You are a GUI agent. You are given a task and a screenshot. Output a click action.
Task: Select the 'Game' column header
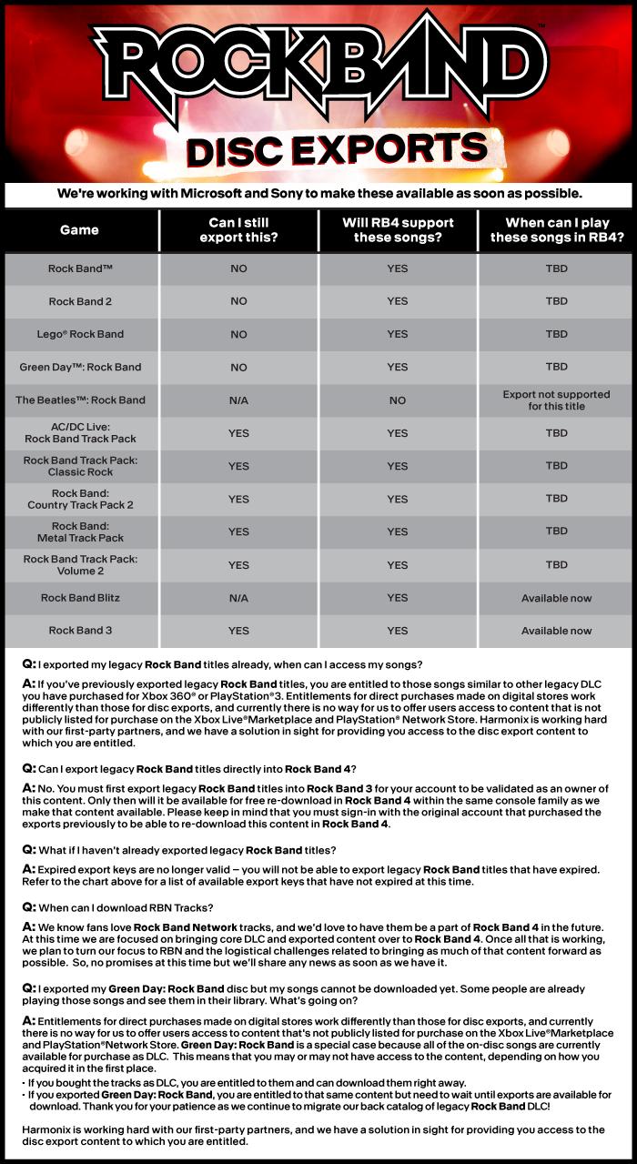pyautogui.click(x=79, y=230)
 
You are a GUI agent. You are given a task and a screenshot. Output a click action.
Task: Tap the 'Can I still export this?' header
pyautogui.click(x=238, y=230)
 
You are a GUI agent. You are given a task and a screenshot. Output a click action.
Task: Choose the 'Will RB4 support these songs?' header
pyautogui.click(x=398, y=230)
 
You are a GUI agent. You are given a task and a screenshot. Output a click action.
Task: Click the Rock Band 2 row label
pyautogui.click(x=80, y=301)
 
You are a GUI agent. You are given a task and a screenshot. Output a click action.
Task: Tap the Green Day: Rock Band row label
pyautogui.click(x=80, y=367)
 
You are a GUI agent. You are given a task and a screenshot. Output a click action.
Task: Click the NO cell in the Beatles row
pyautogui.click(x=398, y=400)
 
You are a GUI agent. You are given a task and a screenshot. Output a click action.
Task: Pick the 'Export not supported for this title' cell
pyautogui.click(x=556, y=400)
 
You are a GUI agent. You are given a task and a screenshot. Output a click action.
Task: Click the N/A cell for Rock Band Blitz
pyautogui.click(x=238, y=598)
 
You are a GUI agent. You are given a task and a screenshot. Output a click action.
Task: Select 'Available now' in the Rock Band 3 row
pyautogui.click(x=556, y=631)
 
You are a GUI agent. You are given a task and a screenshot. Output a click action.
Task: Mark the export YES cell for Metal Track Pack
pyautogui.click(x=238, y=531)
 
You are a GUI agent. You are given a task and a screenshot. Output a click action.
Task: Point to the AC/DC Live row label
pyautogui.click(x=80, y=432)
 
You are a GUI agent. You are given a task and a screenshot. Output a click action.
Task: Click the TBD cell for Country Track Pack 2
pyautogui.click(x=556, y=499)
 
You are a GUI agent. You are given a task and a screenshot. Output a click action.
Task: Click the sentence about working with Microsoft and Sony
pyautogui.click(x=318, y=194)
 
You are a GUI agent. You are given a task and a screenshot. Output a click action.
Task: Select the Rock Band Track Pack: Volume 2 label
pyautogui.click(x=80, y=564)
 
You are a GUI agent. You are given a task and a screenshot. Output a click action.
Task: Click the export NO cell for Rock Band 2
pyautogui.click(x=238, y=301)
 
